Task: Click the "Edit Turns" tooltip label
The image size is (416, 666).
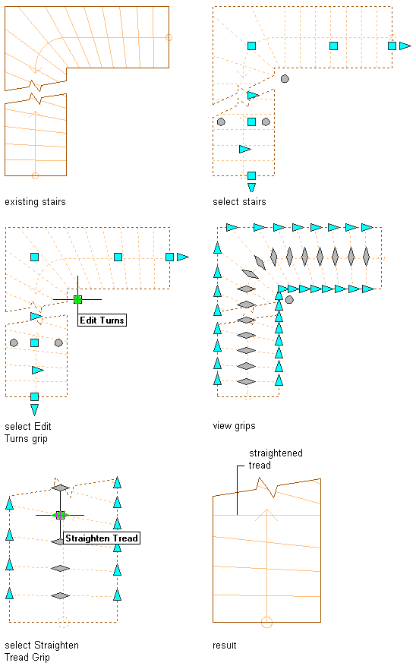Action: (x=102, y=320)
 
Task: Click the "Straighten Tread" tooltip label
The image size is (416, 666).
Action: (x=102, y=538)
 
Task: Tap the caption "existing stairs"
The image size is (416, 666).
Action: (x=35, y=202)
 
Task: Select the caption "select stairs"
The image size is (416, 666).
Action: (x=239, y=202)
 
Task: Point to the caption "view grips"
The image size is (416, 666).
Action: (x=235, y=426)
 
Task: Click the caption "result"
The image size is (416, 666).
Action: (x=225, y=645)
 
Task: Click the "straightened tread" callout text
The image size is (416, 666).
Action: (x=276, y=459)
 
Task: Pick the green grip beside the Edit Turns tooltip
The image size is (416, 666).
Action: (x=77, y=299)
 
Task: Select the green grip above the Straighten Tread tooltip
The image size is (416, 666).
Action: (x=60, y=515)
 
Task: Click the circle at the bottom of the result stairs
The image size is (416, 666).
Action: (x=266, y=622)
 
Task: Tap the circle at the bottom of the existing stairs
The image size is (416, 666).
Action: (x=35, y=175)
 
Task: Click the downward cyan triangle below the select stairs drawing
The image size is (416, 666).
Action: (x=252, y=188)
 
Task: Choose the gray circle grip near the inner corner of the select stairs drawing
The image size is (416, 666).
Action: (x=285, y=78)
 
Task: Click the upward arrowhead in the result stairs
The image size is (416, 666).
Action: (x=266, y=515)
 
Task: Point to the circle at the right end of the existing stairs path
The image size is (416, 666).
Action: (x=169, y=37)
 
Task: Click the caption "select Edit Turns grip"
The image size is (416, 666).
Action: (x=28, y=432)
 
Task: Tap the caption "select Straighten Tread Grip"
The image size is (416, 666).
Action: (x=42, y=651)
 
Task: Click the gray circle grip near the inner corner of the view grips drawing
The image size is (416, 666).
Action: (x=289, y=299)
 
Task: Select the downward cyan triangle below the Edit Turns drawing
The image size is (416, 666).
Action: (x=35, y=409)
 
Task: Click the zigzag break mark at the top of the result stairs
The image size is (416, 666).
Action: (x=267, y=488)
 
